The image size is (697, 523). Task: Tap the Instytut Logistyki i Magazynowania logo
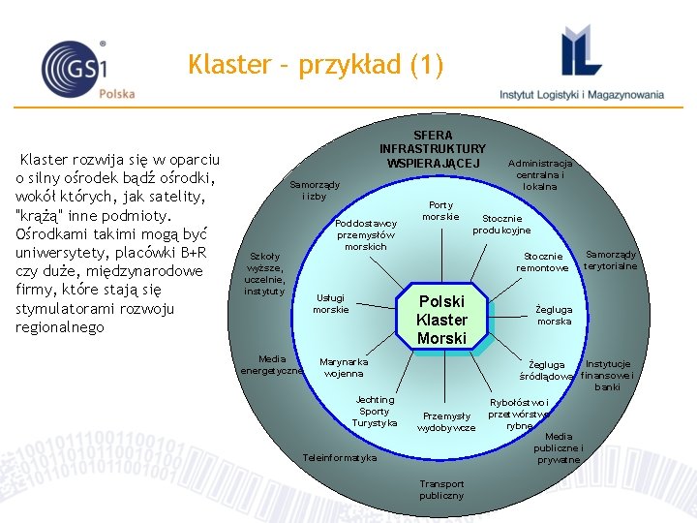point(582,63)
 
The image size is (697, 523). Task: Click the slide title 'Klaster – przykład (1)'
point(316,66)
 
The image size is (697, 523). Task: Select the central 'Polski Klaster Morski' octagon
point(441,320)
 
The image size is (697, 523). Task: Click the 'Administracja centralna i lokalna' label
point(540,174)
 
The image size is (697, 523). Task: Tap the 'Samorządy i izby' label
point(315,190)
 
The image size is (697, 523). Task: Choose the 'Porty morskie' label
point(440,210)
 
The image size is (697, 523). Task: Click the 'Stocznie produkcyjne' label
point(501,224)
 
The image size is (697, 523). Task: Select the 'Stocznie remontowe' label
point(542,261)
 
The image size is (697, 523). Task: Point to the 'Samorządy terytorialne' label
point(611,260)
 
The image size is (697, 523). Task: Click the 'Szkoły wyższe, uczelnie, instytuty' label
point(264,274)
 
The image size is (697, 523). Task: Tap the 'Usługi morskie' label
point(330,303)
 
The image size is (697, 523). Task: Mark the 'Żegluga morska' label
point(554,315)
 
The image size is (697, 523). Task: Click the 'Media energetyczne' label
point(271,364)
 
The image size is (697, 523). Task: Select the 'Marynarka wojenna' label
point(344,367)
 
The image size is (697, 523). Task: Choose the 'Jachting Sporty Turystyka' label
point(375,411)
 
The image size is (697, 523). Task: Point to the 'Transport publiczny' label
point(441,489)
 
